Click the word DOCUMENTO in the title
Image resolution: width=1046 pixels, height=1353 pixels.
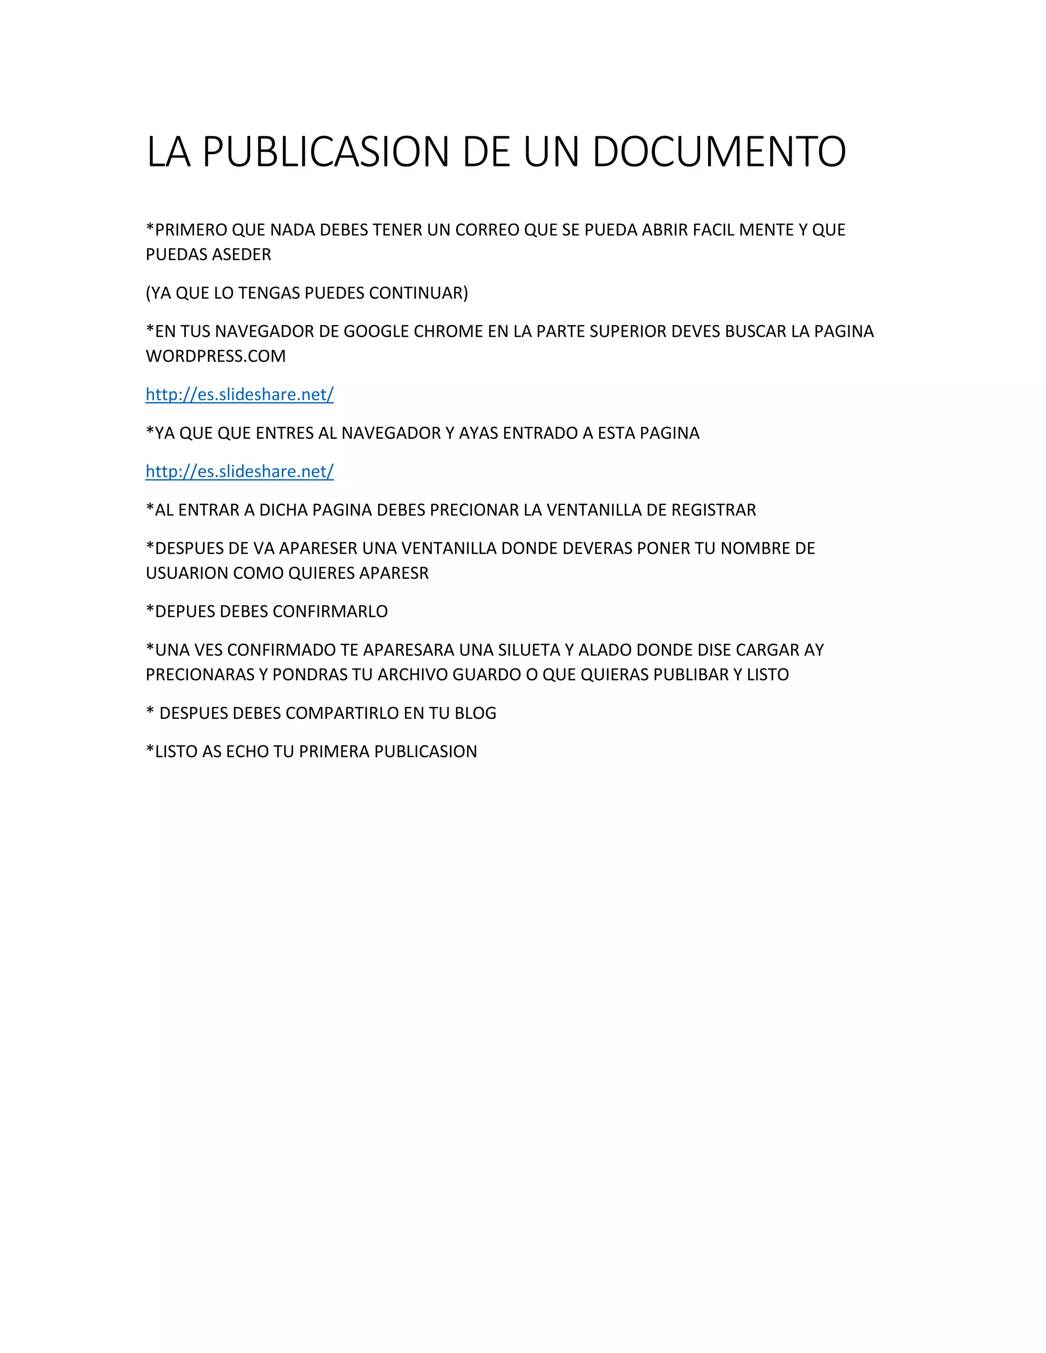[719, 152]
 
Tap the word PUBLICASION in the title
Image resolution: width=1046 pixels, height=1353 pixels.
[325, 152]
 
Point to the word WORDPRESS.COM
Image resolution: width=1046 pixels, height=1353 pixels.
[216, 356]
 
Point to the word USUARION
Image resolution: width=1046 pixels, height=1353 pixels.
[186, 573]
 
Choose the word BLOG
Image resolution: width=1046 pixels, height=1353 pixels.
[476, 713]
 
